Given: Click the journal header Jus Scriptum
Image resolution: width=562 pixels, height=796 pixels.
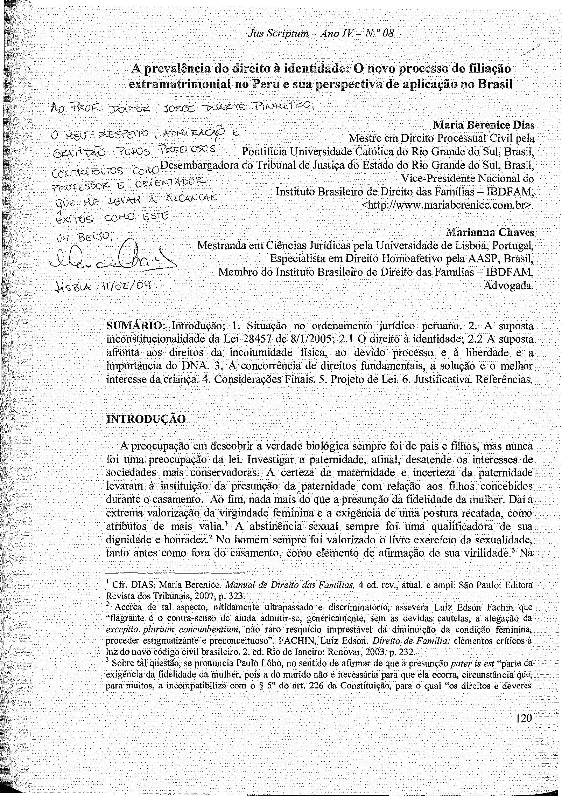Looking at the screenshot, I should pyautogui.click(x=275, y=34).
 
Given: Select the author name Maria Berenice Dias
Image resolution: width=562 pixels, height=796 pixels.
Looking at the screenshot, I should pyautogui.click(x=484, y=125).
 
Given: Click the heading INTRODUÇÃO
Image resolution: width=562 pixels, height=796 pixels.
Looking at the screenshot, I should pyautogui.click(x=146, y=419).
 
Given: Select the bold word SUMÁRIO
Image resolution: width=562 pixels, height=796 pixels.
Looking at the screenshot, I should pyautogui.click(x=135, y=326).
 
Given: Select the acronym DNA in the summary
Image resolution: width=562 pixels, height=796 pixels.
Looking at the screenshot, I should pyautogui.click(x=193, y=366).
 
